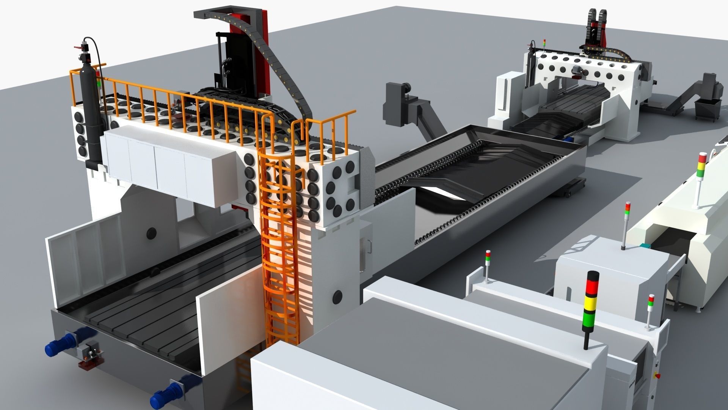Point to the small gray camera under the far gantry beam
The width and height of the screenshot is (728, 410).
[x=577, y=70]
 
